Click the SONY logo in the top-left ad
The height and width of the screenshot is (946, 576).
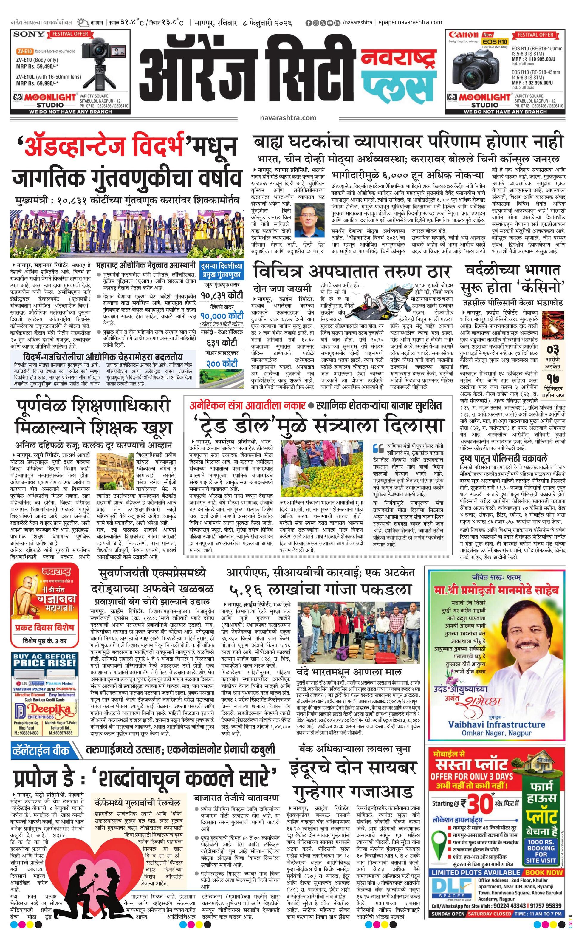[29, 34]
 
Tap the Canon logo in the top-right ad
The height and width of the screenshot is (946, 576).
[464, 35]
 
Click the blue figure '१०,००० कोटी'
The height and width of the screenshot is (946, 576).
[222, 316]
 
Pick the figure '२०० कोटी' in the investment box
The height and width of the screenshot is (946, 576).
[222, 363]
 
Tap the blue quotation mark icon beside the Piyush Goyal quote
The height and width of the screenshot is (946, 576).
[378, 448]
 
